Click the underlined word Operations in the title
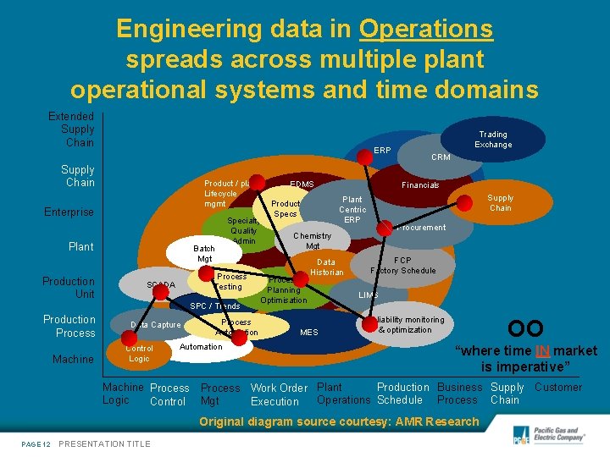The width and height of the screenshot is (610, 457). [426, 30]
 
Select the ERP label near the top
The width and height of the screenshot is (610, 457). [382, 150]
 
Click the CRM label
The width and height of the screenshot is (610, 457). [441, 157]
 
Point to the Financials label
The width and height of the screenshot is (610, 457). [420, 184]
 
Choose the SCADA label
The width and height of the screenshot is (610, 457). [160, 284]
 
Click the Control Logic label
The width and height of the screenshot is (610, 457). [139, 353]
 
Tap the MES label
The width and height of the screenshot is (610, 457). [309, 333]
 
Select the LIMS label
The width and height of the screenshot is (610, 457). [368, 295]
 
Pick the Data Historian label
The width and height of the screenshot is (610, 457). [326, 267]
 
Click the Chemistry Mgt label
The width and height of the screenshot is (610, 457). [313, 240]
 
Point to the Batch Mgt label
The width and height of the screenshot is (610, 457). [204, 253]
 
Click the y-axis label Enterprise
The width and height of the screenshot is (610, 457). [69, 212]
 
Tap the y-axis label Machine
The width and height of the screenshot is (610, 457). [73, 359]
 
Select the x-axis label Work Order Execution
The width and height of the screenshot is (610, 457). [279, 394]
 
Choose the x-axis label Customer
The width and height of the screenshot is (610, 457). [558, 387]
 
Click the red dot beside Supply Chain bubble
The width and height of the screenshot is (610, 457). [464, 201]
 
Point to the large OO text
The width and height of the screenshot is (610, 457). [525, 328]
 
